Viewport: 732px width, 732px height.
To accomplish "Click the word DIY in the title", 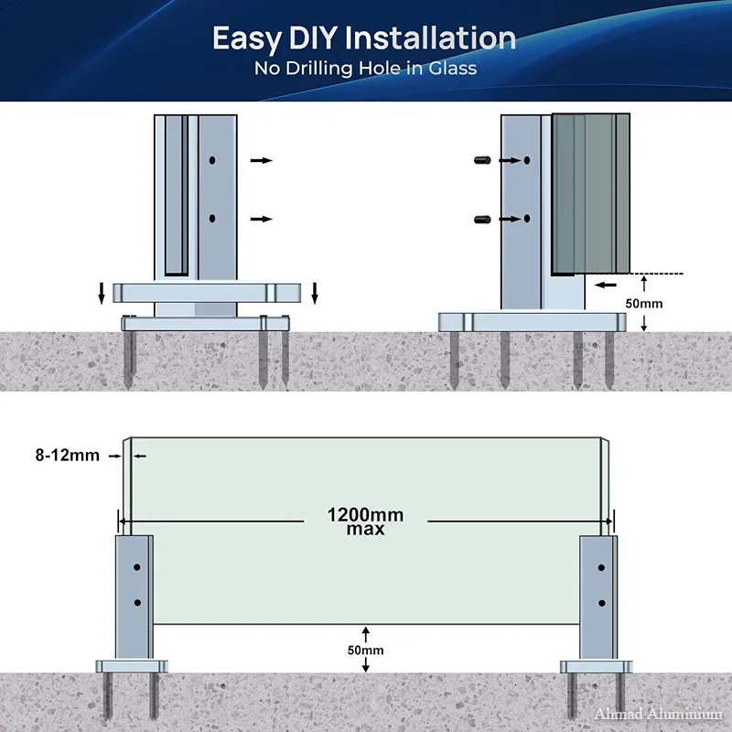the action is [313, 38].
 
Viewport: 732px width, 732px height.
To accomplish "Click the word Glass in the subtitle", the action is [452, 68].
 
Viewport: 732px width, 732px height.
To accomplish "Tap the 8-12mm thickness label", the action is [67, 455].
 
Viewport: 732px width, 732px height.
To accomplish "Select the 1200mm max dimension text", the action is [365, 522].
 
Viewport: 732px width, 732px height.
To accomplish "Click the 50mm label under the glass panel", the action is [365, 651].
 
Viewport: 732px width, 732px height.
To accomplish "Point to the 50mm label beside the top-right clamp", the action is [644, 304].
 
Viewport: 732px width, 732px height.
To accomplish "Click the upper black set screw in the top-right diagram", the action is [482, 160].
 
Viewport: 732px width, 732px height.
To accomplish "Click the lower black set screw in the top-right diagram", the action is [482, 219].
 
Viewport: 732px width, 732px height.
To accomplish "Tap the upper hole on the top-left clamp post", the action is [212, 160].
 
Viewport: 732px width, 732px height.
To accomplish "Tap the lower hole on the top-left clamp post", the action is [212, 218].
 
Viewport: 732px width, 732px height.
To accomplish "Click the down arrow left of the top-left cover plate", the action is [102, 293].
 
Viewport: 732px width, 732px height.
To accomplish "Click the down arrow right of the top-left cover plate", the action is [315, 293].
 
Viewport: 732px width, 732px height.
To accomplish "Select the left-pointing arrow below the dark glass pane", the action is [606, 285].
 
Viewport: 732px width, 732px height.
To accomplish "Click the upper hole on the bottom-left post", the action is [136, 567].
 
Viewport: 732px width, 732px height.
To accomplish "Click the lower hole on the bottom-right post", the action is [602, 603].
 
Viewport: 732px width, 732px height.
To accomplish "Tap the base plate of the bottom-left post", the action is [132, 667].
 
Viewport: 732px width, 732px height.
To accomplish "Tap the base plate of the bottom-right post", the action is [597, 667].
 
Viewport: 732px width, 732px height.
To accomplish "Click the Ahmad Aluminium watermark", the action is [659, 714].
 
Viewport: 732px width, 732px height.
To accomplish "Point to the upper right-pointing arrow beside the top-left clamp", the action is [262, 161].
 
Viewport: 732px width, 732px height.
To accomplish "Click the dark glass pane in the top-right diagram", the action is [591, 194].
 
